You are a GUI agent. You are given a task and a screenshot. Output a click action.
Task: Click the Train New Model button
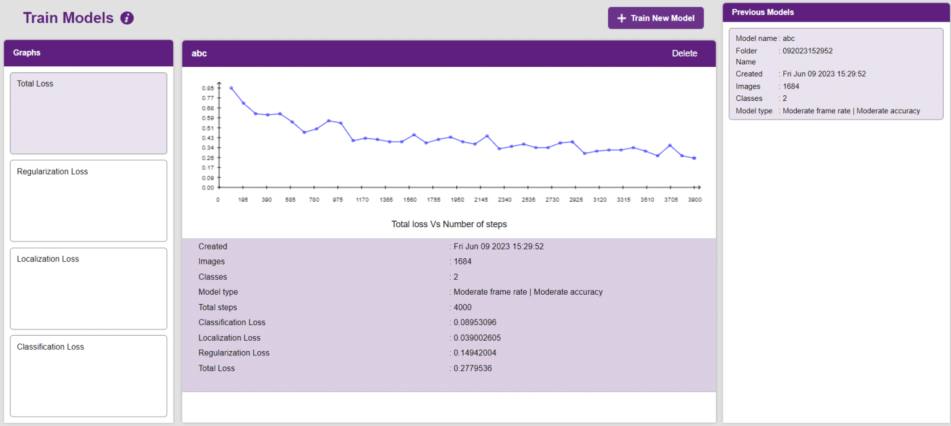(656, 18)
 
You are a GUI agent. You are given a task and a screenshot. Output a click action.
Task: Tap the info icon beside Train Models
(127, 18)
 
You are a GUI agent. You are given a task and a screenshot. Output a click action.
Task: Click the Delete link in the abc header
(684, 54)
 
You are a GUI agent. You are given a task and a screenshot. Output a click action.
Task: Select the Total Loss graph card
(89, 113)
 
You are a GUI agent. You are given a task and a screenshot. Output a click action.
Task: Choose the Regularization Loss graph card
(89, 201)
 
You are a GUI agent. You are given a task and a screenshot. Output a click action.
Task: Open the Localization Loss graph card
(89, 289)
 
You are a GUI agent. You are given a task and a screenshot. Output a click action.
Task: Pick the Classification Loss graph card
(89, 376)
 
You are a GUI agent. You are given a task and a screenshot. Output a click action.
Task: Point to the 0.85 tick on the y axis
(207, 88)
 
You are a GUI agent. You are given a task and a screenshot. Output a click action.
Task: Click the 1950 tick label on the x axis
(457, 200)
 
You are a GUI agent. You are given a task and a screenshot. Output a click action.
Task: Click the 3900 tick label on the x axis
(695, 200)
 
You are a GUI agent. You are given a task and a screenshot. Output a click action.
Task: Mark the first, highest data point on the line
(231, 88)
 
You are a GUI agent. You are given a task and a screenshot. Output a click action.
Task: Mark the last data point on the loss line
(694, 159)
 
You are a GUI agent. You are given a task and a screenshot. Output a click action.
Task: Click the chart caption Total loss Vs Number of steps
(449, 224)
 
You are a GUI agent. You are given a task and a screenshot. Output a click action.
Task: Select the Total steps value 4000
(462, 307)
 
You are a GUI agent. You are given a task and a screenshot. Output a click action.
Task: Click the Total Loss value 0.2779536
(472, 368)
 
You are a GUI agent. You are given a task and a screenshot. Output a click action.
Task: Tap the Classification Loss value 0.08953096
(475, 323)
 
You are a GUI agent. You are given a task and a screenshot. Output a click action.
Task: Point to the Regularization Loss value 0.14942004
(475, 353)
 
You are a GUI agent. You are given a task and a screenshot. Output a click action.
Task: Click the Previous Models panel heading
(763, 12)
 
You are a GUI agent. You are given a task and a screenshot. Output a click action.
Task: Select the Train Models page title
(68, 18)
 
